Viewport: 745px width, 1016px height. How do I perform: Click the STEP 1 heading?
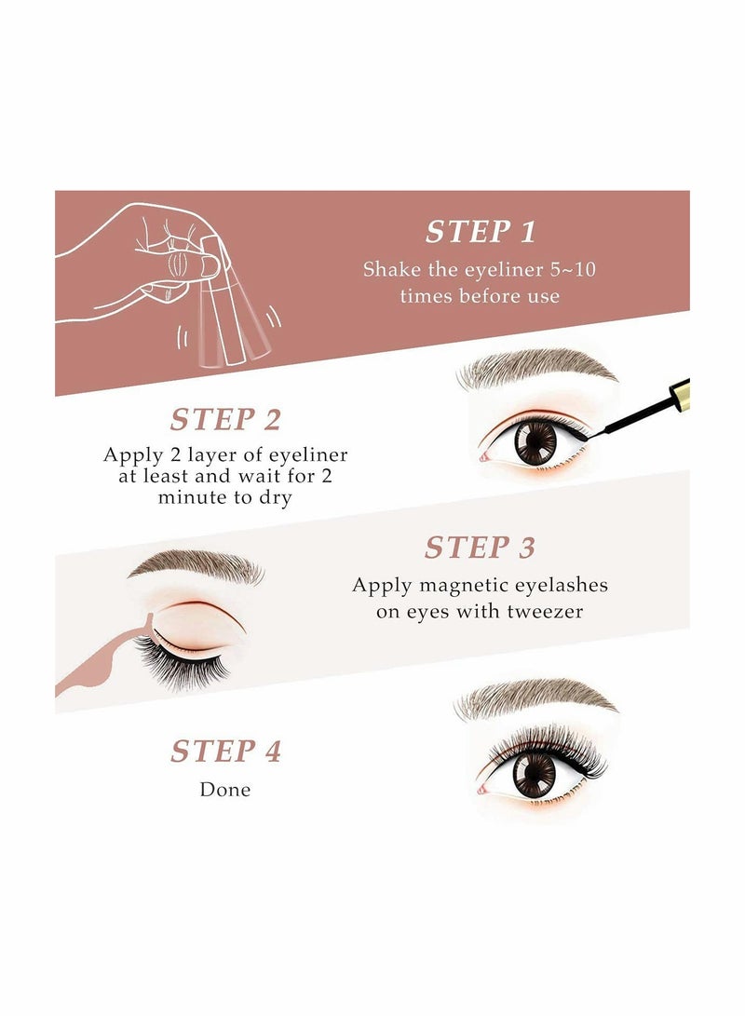click(481, 232)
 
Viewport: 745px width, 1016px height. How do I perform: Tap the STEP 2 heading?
click(224, 419)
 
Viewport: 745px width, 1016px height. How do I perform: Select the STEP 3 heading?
click(480, 548)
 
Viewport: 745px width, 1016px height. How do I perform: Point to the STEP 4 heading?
click(224, 751)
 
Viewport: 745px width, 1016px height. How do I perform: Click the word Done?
click(224, 790)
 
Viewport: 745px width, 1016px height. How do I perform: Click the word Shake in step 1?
click(389, 270)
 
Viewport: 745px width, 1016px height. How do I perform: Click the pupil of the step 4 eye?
click(535, 774)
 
